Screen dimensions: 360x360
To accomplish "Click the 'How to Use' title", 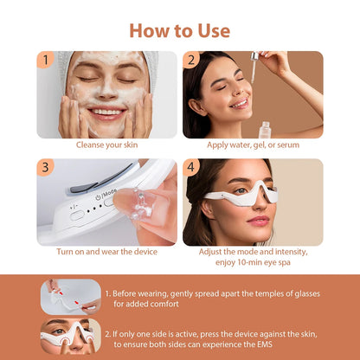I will click(179, 30).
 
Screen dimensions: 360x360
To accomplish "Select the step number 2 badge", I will click(190, 60).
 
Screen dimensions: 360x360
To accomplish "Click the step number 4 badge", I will click(190, 167).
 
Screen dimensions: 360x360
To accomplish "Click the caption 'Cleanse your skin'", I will click(106, 145).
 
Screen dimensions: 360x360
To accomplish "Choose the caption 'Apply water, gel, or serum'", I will click(253, 145).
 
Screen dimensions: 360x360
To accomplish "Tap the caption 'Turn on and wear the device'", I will click(106, 252).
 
